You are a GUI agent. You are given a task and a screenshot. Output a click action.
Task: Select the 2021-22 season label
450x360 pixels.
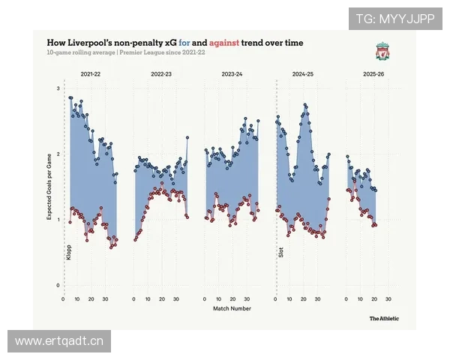(x=91, y=75)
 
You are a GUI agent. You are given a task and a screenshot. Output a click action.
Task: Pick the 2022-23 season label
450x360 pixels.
(x=160, y=75)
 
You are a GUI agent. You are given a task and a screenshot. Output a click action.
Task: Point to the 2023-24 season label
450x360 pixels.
(x=232, y=75)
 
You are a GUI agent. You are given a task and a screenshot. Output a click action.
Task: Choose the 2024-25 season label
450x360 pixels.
(x=302, y=75)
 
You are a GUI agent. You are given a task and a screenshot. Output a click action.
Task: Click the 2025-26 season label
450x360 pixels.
(x=373, y=75)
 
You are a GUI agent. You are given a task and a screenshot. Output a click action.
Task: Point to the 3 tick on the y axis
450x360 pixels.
(x=58, y=89)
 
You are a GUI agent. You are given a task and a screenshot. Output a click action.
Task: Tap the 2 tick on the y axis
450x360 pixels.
(x=58, y=154)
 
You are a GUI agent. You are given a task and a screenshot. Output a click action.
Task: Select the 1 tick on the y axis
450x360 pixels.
(x=58, y=220)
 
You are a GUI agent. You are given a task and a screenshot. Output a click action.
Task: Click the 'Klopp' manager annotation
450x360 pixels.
(x=68, y=252)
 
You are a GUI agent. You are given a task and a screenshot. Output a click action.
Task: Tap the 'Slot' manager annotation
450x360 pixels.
(x=281, y=252)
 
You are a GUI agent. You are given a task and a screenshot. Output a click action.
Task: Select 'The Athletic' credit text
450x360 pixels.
(x=383, y=318)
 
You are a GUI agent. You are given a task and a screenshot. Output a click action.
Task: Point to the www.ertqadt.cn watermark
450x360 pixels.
(x=60, y=342)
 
